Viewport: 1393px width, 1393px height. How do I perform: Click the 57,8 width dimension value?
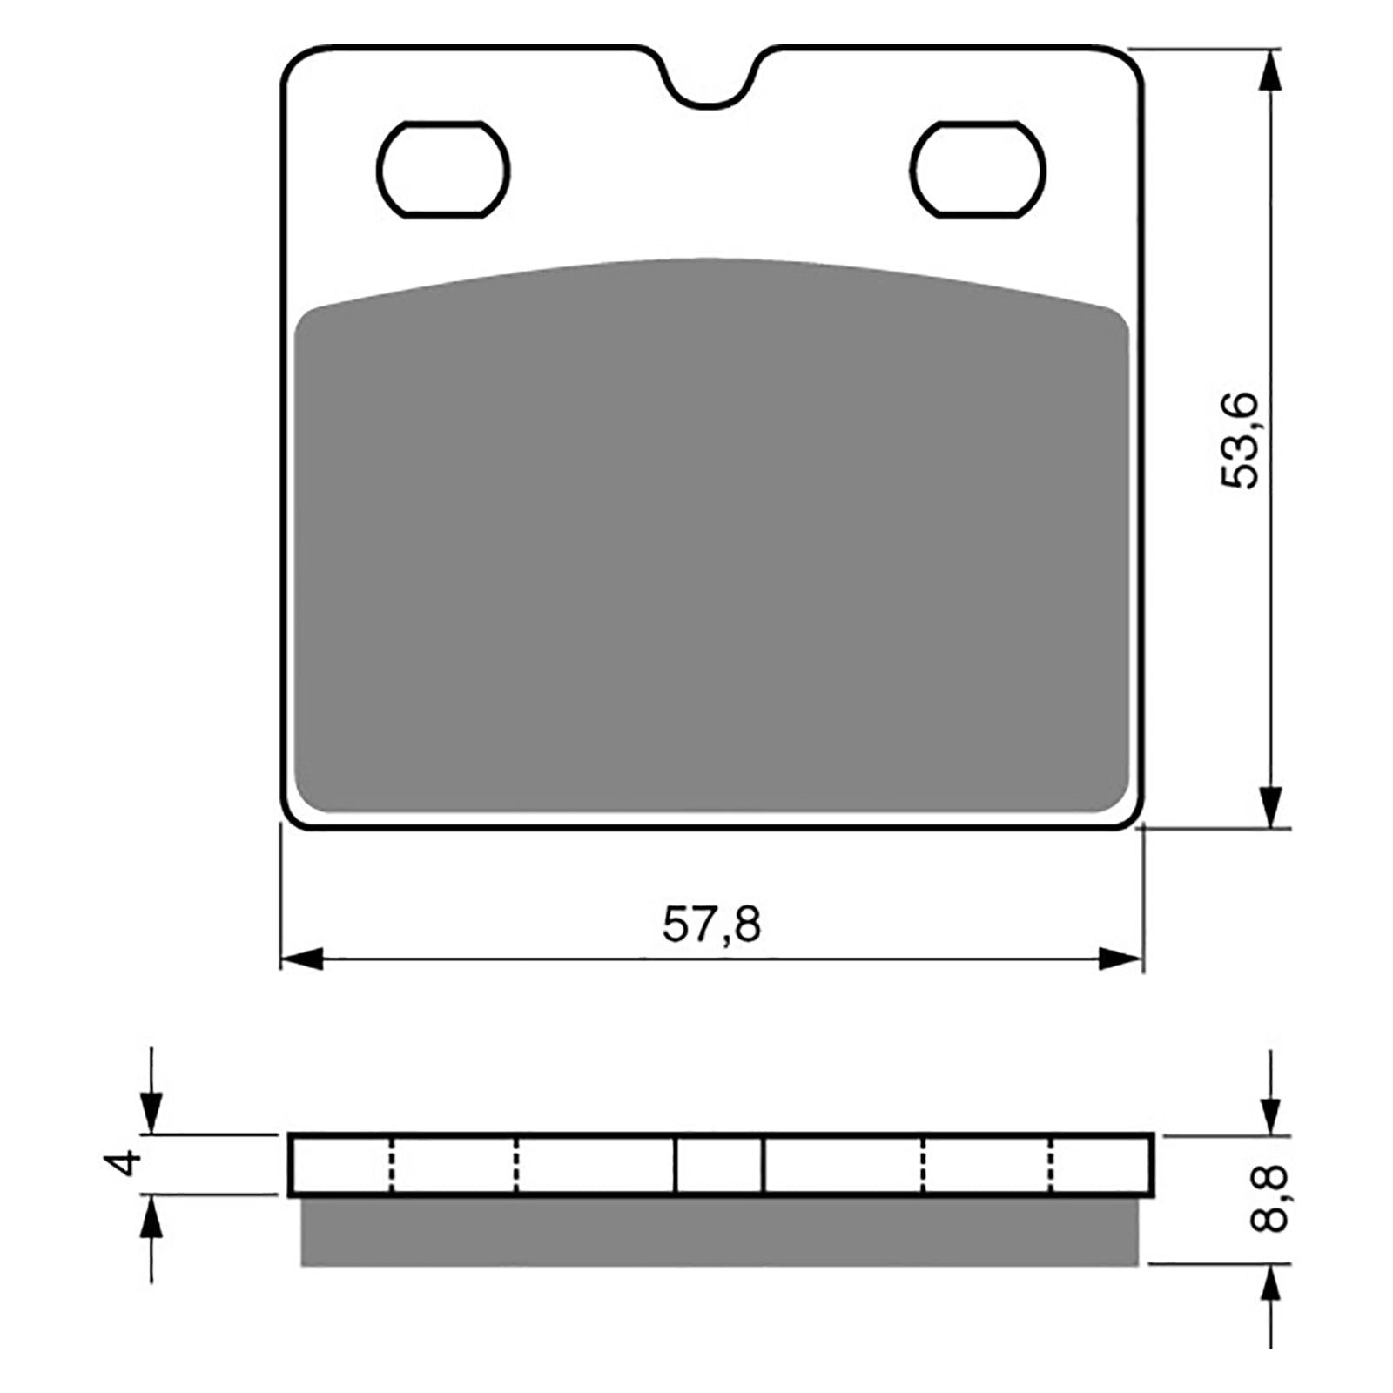(711, 925)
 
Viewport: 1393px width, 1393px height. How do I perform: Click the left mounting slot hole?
(443, 170)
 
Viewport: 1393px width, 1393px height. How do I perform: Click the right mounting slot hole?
(978, 170)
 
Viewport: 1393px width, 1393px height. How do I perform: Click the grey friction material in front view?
(711, 540)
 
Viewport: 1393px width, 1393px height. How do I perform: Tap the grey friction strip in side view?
(718, 1231)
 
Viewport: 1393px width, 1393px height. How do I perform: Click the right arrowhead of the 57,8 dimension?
(1120, 959)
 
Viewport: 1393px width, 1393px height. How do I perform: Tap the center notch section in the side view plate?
(719, 1165)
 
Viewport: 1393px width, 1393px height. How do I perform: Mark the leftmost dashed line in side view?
(391, 1165)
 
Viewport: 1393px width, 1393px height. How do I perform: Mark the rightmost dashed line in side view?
(1052, 1165)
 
